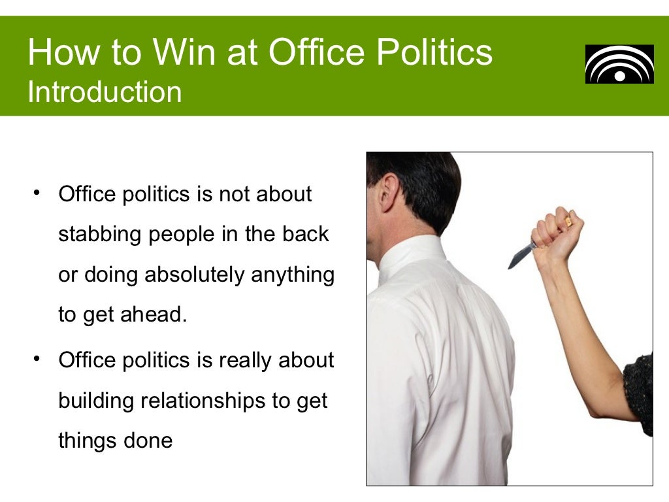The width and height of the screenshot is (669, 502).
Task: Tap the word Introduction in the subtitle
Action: [105, 92]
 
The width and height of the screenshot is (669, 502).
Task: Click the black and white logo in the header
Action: [619, 64]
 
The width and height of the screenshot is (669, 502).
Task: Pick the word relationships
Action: [203, 400]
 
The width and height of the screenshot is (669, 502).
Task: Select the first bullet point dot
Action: [37, 193]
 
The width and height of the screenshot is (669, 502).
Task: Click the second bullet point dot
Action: [37, 359]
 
